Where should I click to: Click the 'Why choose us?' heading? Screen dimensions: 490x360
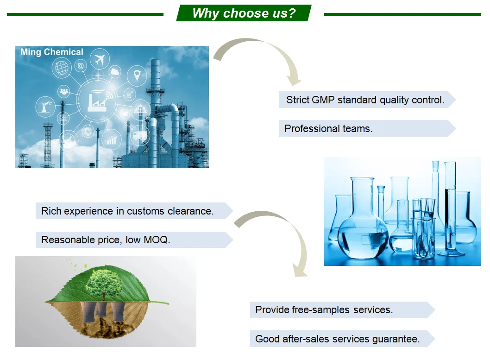coord(244,13)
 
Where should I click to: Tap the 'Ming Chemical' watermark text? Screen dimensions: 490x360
coord(52,52)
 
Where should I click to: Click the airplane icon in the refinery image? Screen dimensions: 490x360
coord(100,58)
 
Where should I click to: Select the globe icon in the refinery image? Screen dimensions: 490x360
coord(62,68)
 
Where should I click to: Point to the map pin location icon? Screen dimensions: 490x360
coord(137,75)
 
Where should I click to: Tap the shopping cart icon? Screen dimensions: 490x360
coord(129,94)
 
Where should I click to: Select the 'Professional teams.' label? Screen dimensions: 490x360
coord(328,128)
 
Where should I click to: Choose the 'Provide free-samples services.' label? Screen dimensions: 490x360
coord(324,309)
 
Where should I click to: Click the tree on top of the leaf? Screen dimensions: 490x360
coord(103,284)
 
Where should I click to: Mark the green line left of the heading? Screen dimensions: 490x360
coord(85,14)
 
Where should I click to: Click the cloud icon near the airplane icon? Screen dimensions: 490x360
coord(115,72)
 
